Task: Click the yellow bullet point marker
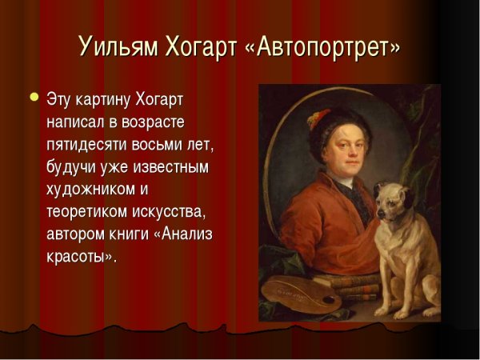click(x=34, y=98)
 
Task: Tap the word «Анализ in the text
click(x=186, y=235)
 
